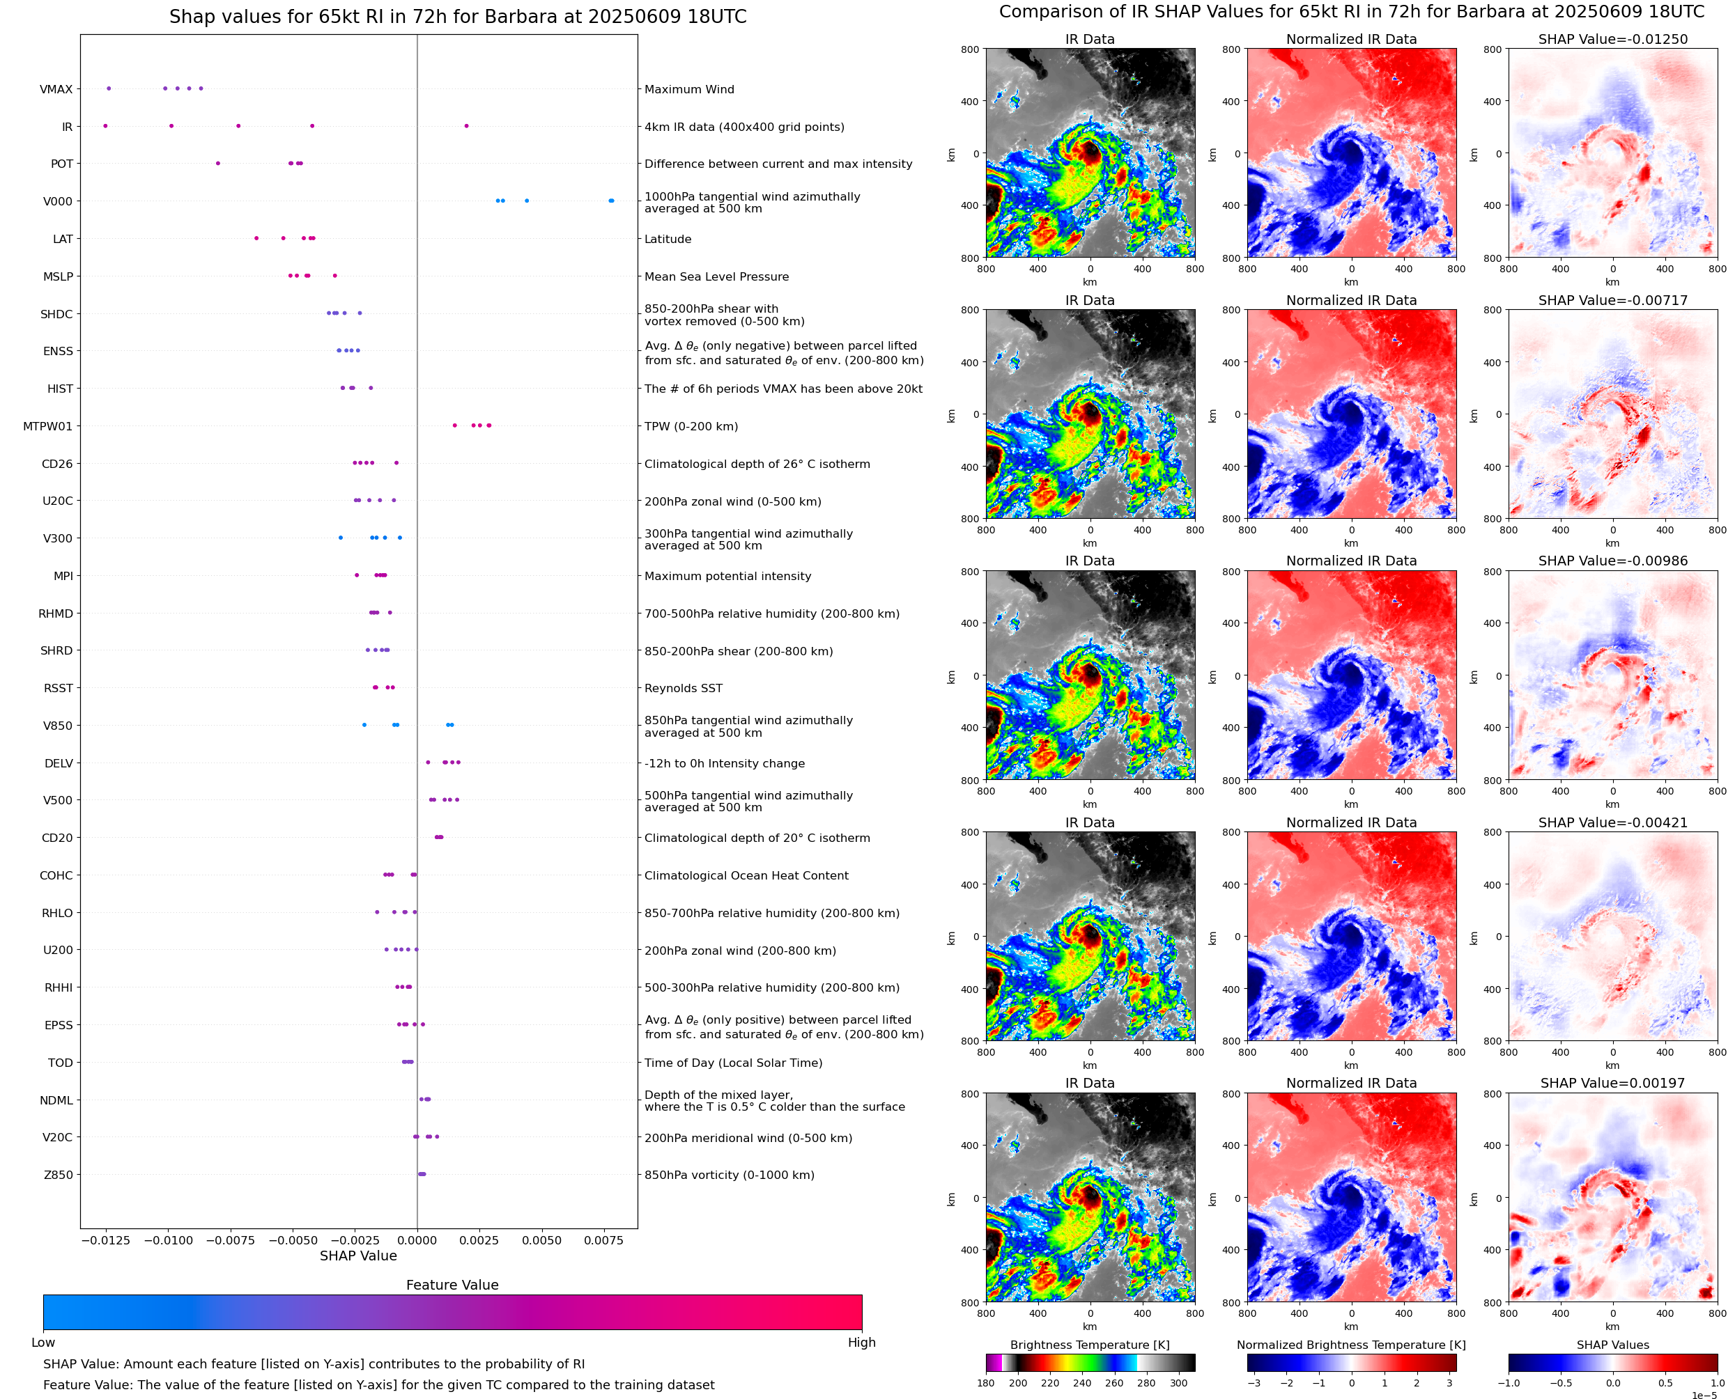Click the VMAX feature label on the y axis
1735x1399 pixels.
click(x=56, y=89)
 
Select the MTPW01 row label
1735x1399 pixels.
click(x=47, y=426)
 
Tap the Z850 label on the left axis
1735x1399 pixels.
click(x=58, y=1175)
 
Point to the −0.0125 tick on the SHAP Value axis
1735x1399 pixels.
click(x=106, y=1240)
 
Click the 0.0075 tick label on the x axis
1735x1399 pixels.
click(x=604, y=1240)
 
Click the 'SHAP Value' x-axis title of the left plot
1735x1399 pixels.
click(x=358, y=1256)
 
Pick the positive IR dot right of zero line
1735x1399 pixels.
click(x=466, y=126)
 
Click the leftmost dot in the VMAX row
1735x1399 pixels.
click(x=109, y=88)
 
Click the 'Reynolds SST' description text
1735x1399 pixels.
click(x=683, y=688)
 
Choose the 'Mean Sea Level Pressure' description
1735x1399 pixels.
click(x=716, y=276)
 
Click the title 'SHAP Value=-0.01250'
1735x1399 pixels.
click(x=1612, y=39)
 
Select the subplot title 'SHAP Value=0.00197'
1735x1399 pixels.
click(x=1612, y=1083)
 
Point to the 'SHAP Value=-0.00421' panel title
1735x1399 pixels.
click(x=1612, y=823)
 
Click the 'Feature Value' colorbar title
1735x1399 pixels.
click(x=452, y=1285)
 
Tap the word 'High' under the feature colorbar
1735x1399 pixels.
click(x=861, y=1343)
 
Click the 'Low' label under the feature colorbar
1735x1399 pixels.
click(x=43, y=1343)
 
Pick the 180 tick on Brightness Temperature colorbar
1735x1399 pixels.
click(x=986, y=1383)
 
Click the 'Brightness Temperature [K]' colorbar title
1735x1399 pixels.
click(x=1089, y=1345)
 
